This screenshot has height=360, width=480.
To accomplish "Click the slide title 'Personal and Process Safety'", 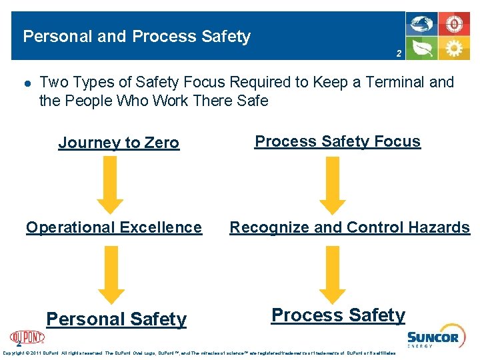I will pyautogui.click(x=137, y=36).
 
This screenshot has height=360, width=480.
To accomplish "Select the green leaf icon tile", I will pyautogui.click(x=422, y=49).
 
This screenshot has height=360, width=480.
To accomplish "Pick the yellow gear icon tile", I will pyautogui.click(x=455, y=49).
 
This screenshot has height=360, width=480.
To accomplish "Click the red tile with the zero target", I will pyautogui.click(x=455, y=24).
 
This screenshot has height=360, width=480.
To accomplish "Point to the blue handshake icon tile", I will pyautogui.click(x=422, y=24).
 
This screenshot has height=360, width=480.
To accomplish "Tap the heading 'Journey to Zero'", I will pyautogui.click(x=119, y=142).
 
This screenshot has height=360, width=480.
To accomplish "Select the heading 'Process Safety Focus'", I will pyautogui.click(x=338, y=141).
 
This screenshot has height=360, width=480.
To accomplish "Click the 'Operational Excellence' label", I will pyautogui.click(x=114, y=227).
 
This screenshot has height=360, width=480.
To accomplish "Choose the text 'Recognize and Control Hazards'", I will pyautogui.click(x=349, y=227).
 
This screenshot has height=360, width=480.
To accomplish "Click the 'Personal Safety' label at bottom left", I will pyautogui.click(x=117, y=319).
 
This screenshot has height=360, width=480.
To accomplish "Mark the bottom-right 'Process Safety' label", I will pyautogui.click(x=338, y=315).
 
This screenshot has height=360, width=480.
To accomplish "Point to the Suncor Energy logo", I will pyautogui.click(x=433, y=339).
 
